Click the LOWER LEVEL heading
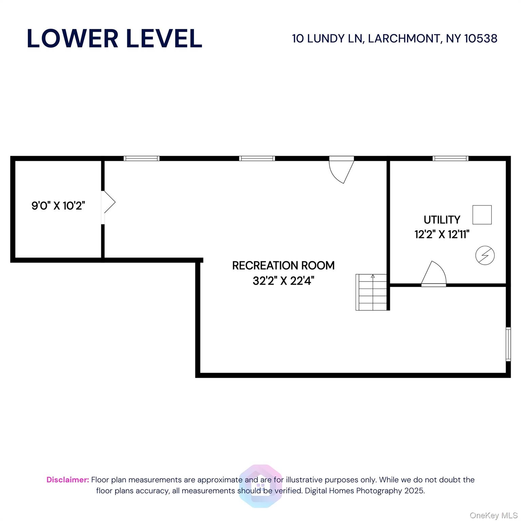coord(114,38)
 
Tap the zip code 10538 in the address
coord(480,39)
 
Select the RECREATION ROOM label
coord(283,265)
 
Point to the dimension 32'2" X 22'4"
coord(283,281)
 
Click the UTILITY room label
coord(442,220)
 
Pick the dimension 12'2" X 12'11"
coord(442,234)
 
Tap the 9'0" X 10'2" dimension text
coord(58,206)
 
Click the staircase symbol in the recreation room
coord(371,292)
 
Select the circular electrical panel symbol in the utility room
coord(485,255)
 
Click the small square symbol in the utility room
coord(482,215)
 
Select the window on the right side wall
coord(508,344)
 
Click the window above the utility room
coord(450,158)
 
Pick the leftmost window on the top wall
coord(141,158)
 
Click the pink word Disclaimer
coord(67,480)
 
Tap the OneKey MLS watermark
coord(493,515)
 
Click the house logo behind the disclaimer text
coord(260,486)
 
